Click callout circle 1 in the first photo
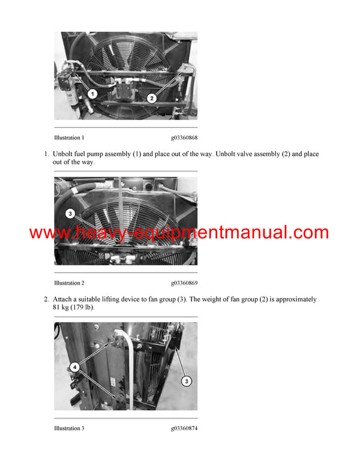click(92, 94)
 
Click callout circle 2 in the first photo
click(152, 98)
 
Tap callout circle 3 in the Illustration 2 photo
click(70, 213)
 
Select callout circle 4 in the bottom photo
click(74, 366)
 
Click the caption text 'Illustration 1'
click(69, 138)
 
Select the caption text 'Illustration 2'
click(69, 283)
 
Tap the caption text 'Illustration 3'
click(69, 428)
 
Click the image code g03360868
click(184, 138)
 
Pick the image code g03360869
click(184, 283)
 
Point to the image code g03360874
click(184, 428)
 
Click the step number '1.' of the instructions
click(46, 154)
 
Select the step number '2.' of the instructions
click(46, 299)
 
